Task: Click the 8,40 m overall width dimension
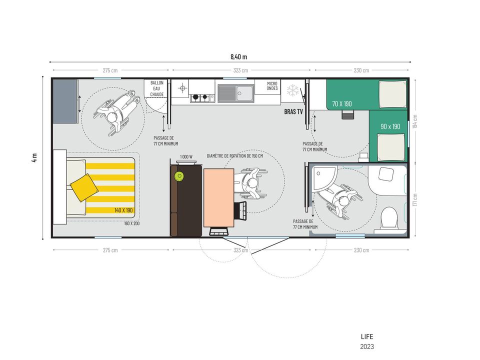coord(239,57)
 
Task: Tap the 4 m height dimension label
coord(34,157)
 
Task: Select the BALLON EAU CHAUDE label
coord(156,88)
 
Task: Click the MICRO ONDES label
coord(272,85)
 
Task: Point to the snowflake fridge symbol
coord(293,90)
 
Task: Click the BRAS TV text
coord(293,111)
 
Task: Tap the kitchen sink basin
coord(244,93)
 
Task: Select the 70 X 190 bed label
coord(342,104)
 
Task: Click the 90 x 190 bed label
coord(390,126)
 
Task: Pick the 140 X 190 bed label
coord(123,210)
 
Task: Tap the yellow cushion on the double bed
coord(84,188)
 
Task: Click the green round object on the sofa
coord(179,176)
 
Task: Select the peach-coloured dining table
coord(219,198)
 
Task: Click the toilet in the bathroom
coord(389,218)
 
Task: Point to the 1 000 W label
coord(186,156)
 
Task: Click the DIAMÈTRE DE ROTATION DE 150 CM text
coord(235,156)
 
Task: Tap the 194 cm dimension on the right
coord(415,121)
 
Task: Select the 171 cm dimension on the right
coord(415,199)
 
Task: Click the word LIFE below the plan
coord(366,336)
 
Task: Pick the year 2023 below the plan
coord(366,346)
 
